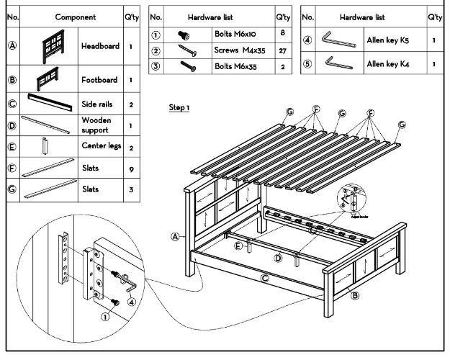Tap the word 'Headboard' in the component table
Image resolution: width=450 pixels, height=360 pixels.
[100, 47]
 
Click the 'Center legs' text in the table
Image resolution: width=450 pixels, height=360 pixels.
[101, 148]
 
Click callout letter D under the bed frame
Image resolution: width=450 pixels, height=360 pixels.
[279, 256]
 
